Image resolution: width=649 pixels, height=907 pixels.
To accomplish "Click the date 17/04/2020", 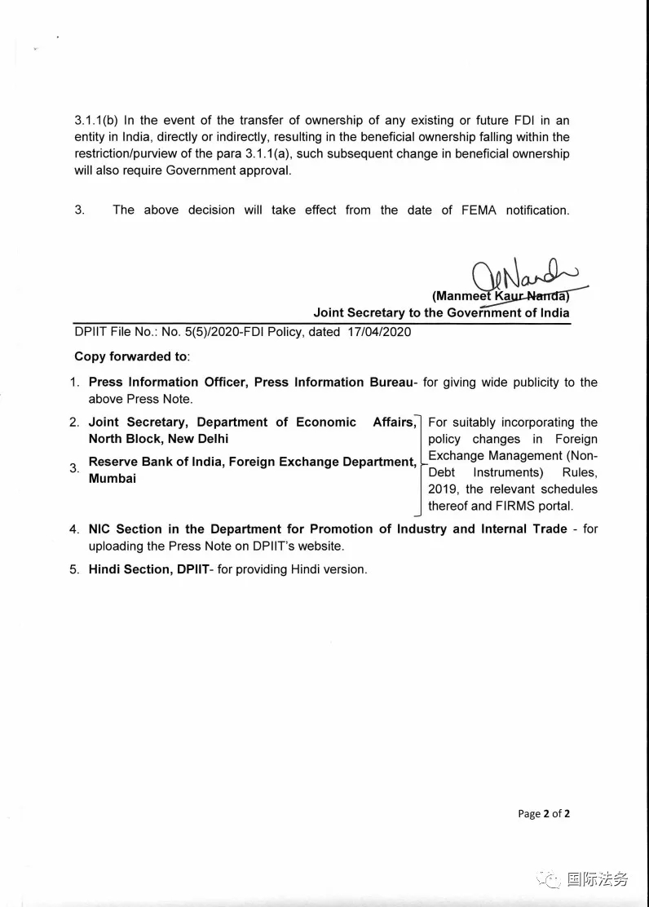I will tap(383, 332).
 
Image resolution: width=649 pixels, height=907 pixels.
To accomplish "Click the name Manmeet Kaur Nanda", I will tap(501, 296).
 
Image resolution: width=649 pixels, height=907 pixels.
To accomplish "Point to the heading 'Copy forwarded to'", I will tap(131, 356).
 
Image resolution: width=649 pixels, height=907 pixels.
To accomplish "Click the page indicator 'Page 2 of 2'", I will tap(544, 813).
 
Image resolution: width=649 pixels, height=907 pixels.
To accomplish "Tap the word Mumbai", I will tap(113, 479).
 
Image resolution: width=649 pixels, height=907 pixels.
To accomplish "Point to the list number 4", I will tap(74, 529).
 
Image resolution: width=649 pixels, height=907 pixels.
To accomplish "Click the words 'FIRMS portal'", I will tap(533, 506).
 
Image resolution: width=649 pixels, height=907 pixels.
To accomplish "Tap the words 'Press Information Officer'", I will tap(167, 382).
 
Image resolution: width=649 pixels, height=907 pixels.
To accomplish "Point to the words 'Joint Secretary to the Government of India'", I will tap(441, 313).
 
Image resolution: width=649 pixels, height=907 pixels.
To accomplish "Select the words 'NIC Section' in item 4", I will tap(126, 529).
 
